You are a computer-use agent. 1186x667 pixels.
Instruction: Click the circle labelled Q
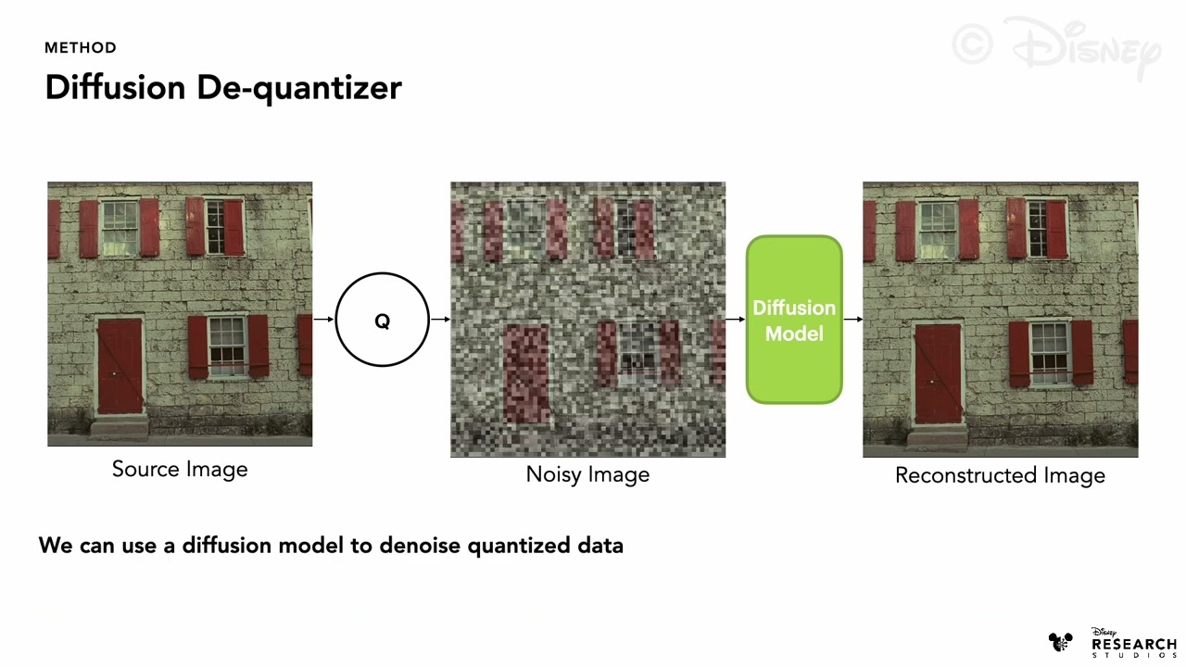point(382,321)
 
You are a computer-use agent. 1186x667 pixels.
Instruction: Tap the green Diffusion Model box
point(794,321)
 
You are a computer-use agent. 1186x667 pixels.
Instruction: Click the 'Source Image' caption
point(180,469)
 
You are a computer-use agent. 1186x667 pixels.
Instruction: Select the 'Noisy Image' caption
point(587,474)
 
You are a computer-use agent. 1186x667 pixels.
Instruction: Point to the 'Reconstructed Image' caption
point(1000,475)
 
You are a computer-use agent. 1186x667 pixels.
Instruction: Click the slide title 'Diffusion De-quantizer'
point(223,88)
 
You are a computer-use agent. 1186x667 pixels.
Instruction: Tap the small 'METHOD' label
point(81,47)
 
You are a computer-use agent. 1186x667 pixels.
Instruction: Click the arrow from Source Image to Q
point(323,320)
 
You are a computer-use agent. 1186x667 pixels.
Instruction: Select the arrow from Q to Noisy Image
point(440,320)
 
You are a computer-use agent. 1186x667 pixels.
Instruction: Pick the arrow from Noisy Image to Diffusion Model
point(736,320)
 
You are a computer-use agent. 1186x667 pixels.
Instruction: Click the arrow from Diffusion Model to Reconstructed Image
point(852,320)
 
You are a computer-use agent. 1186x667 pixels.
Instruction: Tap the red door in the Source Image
point(120,366)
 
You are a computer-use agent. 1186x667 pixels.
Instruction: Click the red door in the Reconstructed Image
point(938,372)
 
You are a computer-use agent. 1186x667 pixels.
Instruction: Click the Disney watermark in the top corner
point(1056,46)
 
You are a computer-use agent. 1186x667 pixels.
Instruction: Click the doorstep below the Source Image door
point(120,427)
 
